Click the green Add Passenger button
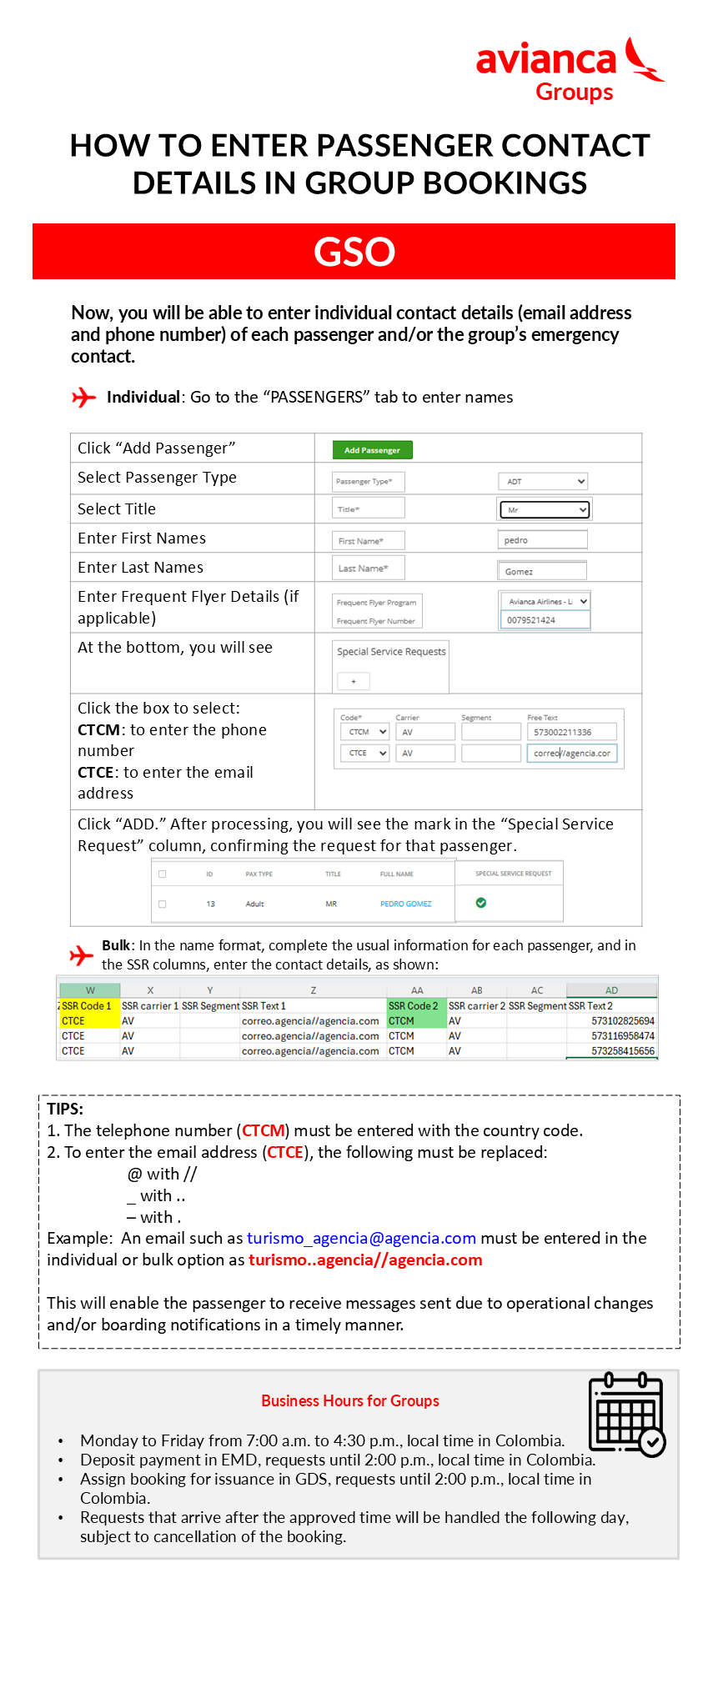coord(372,450)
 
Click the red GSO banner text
coord(354,252)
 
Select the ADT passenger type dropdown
coord(543,482)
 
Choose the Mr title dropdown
coord(544,509)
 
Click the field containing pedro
coord(542,540)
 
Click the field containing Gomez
coord(542,571)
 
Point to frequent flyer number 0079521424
coord(544,620)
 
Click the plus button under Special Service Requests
coord(354,682)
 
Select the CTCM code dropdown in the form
coord(364,732)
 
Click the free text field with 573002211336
coord(571,732)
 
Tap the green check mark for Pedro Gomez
coord(481,903)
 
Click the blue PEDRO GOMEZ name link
coord(406,904)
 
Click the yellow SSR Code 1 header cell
coord(87,1006)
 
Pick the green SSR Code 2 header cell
coord(414,1006)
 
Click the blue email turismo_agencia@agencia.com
coord(361,1239)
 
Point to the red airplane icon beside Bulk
coord(82,954)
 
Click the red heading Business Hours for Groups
coord(350,1401)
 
